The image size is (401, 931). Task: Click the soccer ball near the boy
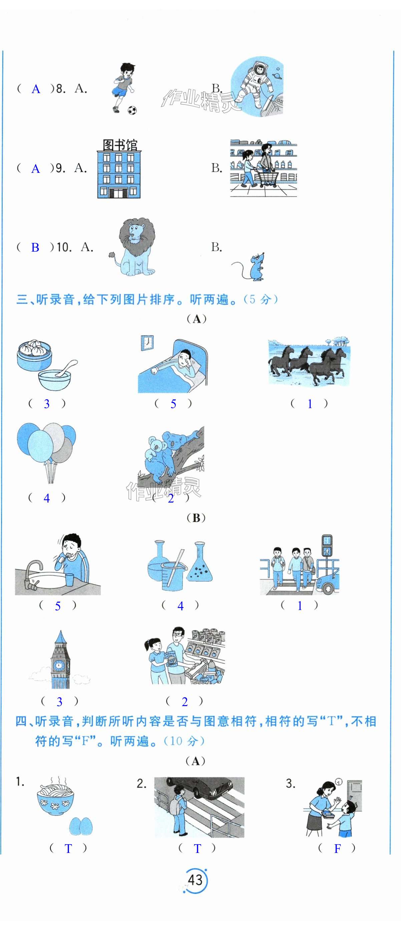[x=132, y=110]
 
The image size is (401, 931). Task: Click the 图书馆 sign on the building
[x=119, y=145]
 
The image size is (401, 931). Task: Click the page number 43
[x=195, y=879]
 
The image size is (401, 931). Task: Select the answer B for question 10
[x=35, y=248]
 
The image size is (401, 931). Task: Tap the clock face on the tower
[x=58, y=665]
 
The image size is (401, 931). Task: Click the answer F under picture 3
[x=337, y=849]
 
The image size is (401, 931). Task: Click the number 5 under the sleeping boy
[x=173, y=404]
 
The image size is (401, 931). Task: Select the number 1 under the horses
[x=310, y=404]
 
